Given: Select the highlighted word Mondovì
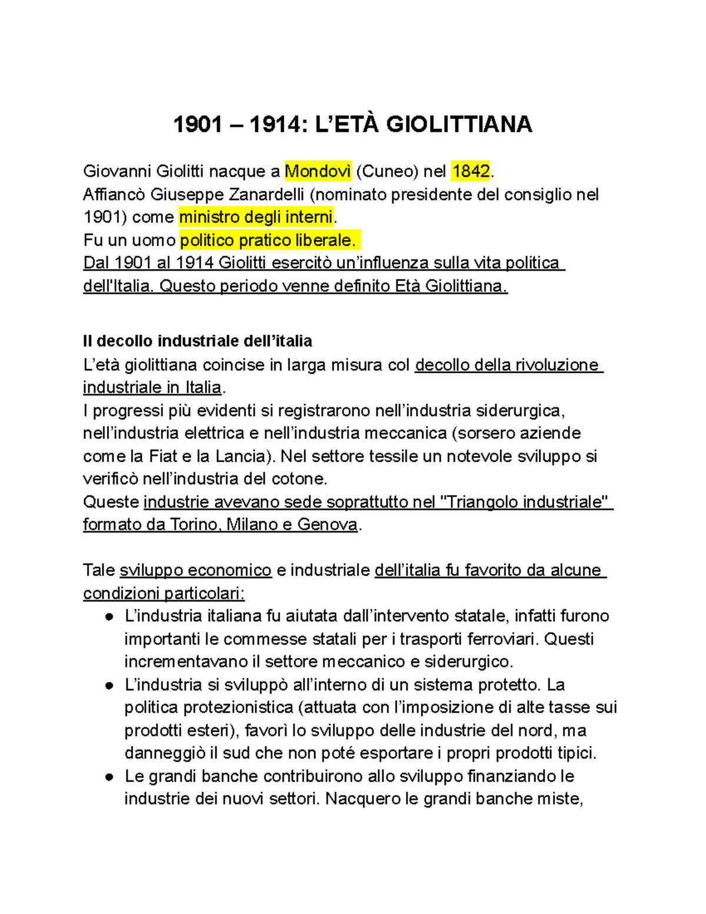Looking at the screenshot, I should [318, 171].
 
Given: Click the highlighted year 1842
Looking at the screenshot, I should [471, 171].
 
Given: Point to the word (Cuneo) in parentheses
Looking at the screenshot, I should [388, 171].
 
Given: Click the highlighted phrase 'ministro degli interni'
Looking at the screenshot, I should [256, 217].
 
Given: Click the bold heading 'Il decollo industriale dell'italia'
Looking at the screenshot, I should [197, 341].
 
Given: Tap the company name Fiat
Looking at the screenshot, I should [163, 456].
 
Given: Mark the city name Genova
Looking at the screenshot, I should [327, 524].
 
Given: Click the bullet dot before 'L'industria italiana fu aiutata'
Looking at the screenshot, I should [109, 617].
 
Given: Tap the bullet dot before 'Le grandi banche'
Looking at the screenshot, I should [109, 777].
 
